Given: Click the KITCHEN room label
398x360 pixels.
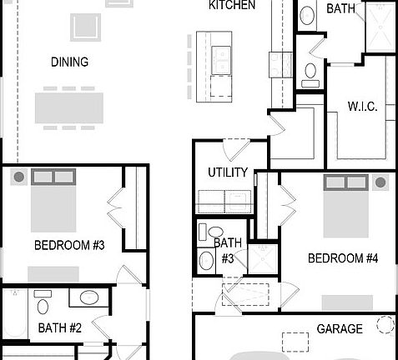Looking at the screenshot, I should tap(231, 6).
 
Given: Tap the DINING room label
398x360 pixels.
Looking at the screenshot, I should tap(69, 62).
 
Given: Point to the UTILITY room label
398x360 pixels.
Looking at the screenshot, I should tap(228, 172).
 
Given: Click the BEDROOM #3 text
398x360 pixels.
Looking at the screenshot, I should tap(69, 245).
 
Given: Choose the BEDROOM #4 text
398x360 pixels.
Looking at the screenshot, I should tap(343, 258).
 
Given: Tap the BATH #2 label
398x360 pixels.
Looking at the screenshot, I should tap(59, 328).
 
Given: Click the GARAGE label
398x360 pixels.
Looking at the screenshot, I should tap(340, 329).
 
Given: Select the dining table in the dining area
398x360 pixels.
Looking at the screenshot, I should tap(69, 108).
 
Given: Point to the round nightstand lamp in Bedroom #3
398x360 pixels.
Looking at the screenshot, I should tap(18, 177).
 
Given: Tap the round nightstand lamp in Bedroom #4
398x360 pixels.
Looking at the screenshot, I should tap(380, 182).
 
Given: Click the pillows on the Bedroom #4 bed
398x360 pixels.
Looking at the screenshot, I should tap(346, 182).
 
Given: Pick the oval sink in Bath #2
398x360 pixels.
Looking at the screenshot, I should tap(88, 297).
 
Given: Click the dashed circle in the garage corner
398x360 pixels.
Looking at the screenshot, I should tap(385, 324).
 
